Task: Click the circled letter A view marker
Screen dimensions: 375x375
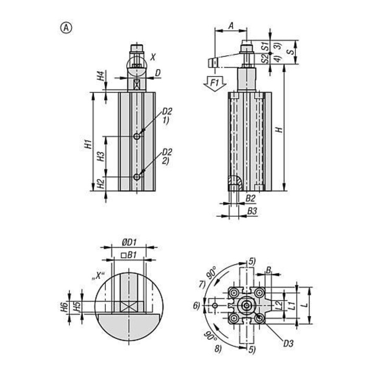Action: point(66,28)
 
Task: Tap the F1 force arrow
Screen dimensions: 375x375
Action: point(215,84)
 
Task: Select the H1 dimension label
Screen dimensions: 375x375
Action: point(89,144)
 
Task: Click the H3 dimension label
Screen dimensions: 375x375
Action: point(101,156)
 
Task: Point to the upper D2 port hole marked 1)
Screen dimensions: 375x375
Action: point(136,136)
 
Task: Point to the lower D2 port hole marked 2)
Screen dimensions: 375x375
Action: point(136,177)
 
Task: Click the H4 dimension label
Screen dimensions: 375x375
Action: point(101,76)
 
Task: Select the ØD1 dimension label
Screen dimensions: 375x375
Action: point(129,243)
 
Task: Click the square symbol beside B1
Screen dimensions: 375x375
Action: point(123,255)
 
